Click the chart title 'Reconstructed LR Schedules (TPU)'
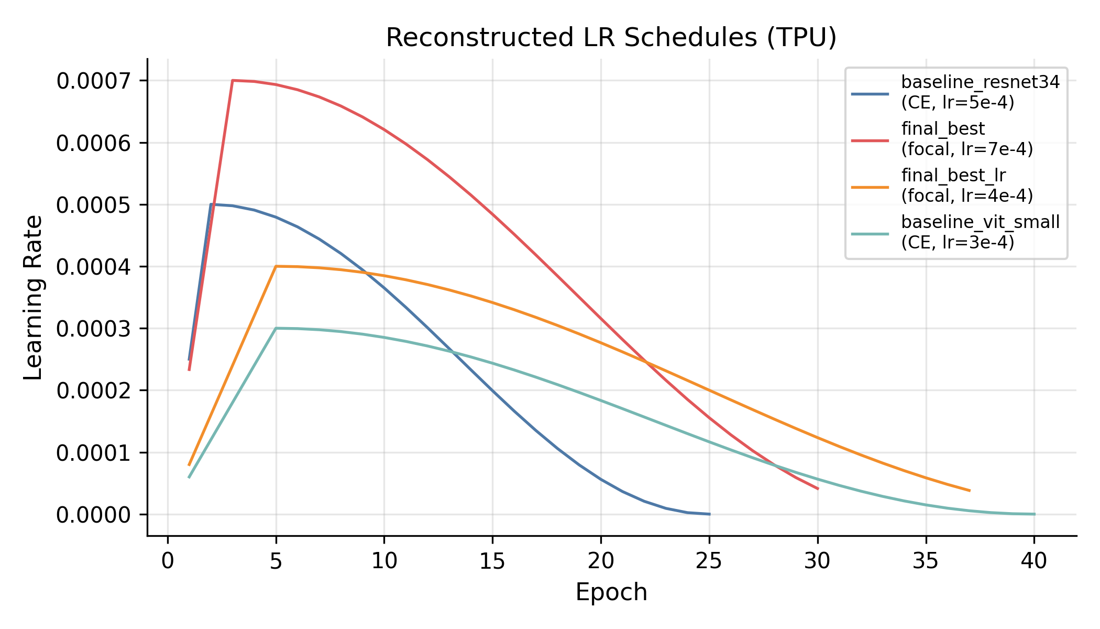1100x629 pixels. click(611, 38)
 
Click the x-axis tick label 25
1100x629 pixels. click(709, 561)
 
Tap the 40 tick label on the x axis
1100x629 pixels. click(1034, 561)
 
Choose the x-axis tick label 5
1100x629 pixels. click(276, 561)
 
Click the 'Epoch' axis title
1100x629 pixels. click(611, 592)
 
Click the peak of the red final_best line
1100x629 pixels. click(233, 80)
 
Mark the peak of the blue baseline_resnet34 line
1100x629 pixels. click(211, 204)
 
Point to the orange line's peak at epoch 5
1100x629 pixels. click(276, 266)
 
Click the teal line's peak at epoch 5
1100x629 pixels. click(276, 328)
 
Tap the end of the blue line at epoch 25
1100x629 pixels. click(709, 514)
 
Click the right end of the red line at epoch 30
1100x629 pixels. click(818, 489)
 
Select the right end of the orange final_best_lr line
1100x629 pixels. click(970, 491)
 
